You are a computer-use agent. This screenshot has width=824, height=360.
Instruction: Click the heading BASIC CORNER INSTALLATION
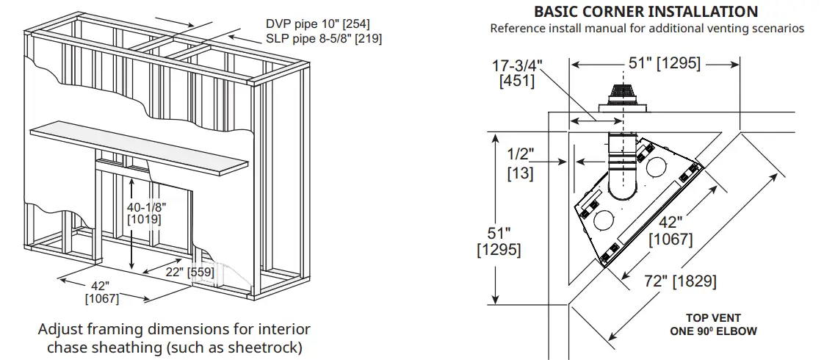(x=646, y=12)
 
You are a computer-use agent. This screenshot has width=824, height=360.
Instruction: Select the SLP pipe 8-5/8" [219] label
(x=323, y=38)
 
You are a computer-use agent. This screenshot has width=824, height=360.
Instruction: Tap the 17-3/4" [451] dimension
(x=516, y=73)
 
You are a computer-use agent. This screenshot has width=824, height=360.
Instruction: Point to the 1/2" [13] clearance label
(x=520, y=164)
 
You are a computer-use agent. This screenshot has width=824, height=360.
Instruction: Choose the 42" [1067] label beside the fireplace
(x=670, y=231)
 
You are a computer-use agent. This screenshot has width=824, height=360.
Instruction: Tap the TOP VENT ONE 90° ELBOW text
(x=712, y=325)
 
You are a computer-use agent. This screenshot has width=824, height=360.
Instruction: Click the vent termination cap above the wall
(x=622, y=100)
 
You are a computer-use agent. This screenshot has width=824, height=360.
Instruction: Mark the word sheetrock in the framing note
(x=263, y=347)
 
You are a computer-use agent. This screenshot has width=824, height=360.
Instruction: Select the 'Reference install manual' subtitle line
(x=646, y=29)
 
